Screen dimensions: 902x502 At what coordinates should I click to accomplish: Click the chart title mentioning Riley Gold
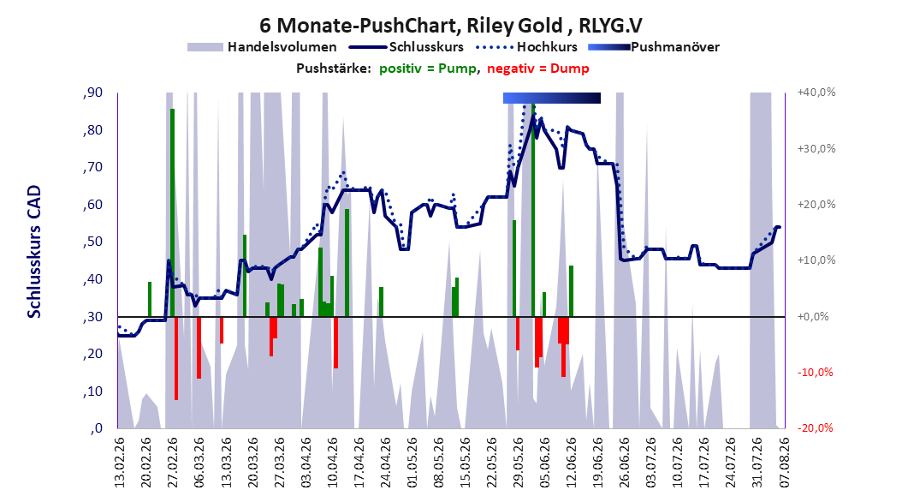[x=450, y=26]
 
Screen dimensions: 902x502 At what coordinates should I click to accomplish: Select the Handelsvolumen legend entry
[x=263, y=47]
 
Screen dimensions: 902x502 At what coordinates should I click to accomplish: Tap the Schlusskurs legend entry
[x=406, y=47]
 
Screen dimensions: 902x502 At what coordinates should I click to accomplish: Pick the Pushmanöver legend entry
[x=654, y=47]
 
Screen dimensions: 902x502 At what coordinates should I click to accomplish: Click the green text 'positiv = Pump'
[x=428, y=69]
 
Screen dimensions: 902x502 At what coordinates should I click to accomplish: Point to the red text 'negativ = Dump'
[x=538, y=69]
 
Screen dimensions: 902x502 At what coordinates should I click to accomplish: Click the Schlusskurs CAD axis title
[x=34, y=252]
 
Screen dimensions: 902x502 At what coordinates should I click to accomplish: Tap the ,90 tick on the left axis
[x=92, y=93]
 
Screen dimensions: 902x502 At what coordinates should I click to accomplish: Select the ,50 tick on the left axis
[x=92, y=242]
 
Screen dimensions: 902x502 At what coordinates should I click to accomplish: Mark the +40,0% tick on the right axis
[x=816, y=93]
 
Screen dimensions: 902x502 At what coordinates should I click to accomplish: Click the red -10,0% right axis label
[x=815, y=373]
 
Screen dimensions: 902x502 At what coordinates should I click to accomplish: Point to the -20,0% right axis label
[x=815, y=428]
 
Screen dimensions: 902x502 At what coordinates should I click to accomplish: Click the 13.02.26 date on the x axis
[x=120, y=463]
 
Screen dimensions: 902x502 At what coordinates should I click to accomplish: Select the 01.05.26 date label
[x=412, y=463]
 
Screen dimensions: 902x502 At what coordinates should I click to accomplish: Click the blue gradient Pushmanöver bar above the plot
[x=552, y=98]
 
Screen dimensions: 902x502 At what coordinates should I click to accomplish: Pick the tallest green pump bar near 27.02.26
[x=172, y=212]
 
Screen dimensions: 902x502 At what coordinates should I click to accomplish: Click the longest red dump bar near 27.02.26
[x=176, y=358]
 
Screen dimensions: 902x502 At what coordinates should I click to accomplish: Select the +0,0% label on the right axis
[x=813, y=317]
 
